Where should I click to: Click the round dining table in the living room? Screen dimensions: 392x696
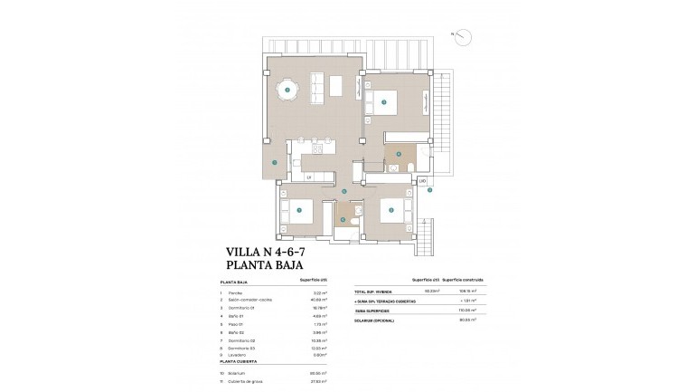[x=287, y=89]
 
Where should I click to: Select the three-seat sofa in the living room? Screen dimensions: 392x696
[x=315, y=88]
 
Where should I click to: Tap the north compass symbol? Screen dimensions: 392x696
[x=461, y=37]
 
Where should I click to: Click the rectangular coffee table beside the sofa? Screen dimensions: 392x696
[x=335, y=87]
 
